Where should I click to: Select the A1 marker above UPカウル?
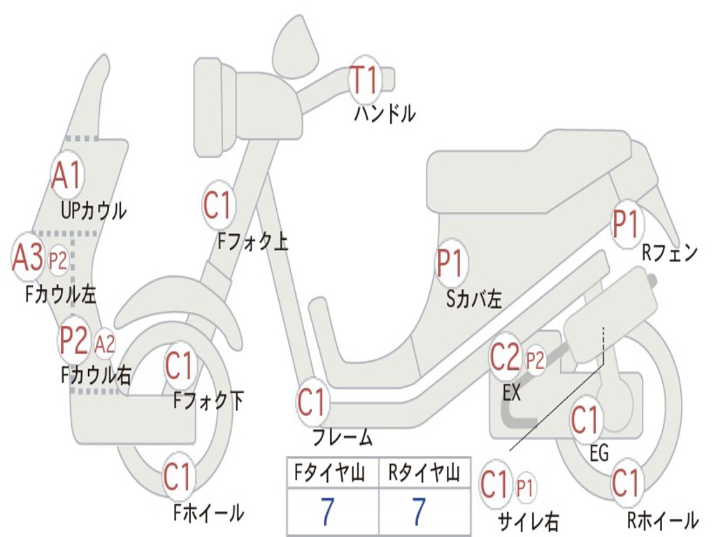coord(68,176)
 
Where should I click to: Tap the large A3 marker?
coord(28,257)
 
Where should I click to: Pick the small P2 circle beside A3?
coord(57,261)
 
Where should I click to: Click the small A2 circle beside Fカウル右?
coord(104,344)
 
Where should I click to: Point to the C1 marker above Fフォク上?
coord(218,206)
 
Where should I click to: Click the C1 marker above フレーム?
coord(313,403)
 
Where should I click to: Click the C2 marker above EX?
coord(506,359)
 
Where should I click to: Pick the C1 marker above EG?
coord(586,420)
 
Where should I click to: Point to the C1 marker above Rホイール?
coord(626,483)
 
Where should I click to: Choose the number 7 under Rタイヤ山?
coord(419,512)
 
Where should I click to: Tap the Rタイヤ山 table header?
coord(424,473)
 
